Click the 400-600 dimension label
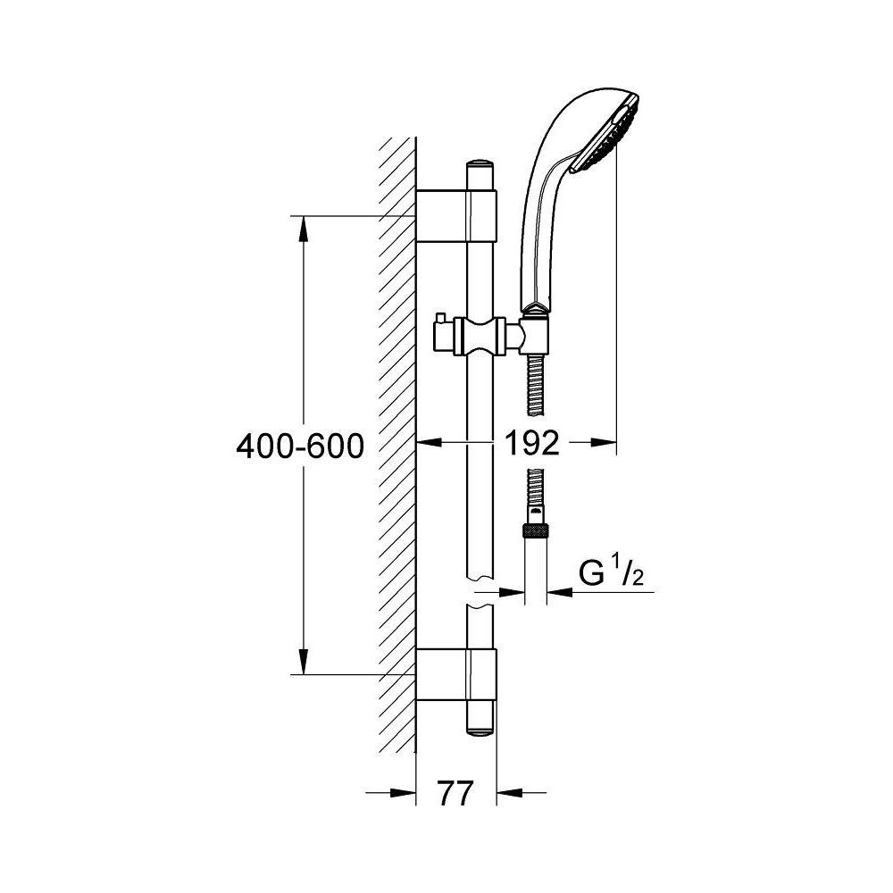click(299, 446)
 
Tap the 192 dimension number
click(533, 443)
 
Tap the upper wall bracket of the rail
click(456, 216)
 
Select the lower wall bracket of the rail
click(456, 673)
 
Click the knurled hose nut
click(536, 532)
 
